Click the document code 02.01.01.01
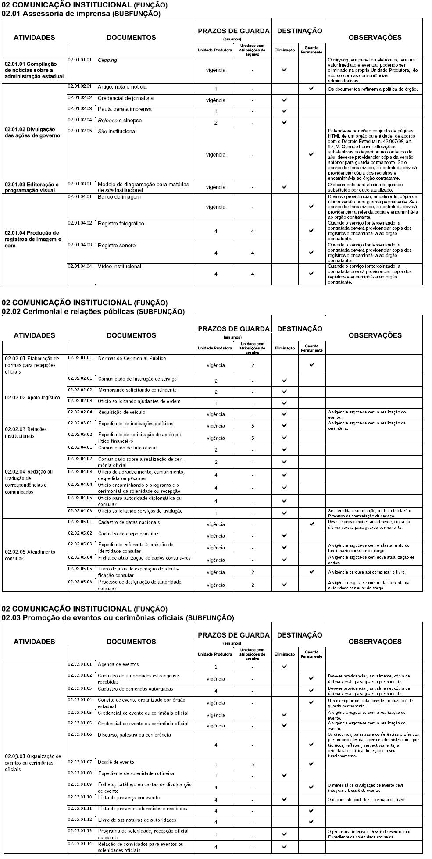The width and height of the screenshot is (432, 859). pos(79,60)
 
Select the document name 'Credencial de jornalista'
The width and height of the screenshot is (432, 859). pos(125,98)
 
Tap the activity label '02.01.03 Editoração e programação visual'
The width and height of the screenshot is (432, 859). pos(32,187)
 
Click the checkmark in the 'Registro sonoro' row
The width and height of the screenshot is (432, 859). pos(311,253)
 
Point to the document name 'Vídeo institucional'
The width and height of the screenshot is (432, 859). pos(119,267)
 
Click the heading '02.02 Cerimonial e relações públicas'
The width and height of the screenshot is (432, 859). pos(93,312)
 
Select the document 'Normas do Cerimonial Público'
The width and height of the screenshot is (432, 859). pos(132,358)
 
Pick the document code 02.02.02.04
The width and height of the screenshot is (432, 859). pos(80,412)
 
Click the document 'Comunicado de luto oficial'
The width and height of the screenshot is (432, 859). pos(127,448)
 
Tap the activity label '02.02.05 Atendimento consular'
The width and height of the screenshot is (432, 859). pos(30,555)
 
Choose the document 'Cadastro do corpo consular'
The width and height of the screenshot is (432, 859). pos(128,534)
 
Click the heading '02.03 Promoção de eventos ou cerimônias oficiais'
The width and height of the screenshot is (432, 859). pos(118,618)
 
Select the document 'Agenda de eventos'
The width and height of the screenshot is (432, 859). pos(118,664)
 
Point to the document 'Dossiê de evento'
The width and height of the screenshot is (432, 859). pos(116,762)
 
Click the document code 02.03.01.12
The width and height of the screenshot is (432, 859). pos(80,820)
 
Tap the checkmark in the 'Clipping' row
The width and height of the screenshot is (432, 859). pos(285,70)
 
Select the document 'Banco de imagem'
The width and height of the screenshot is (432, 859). pos(119,197)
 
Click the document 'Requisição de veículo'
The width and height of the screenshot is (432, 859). pos(121,412)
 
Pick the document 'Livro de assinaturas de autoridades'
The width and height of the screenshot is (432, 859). pos(137,820)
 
